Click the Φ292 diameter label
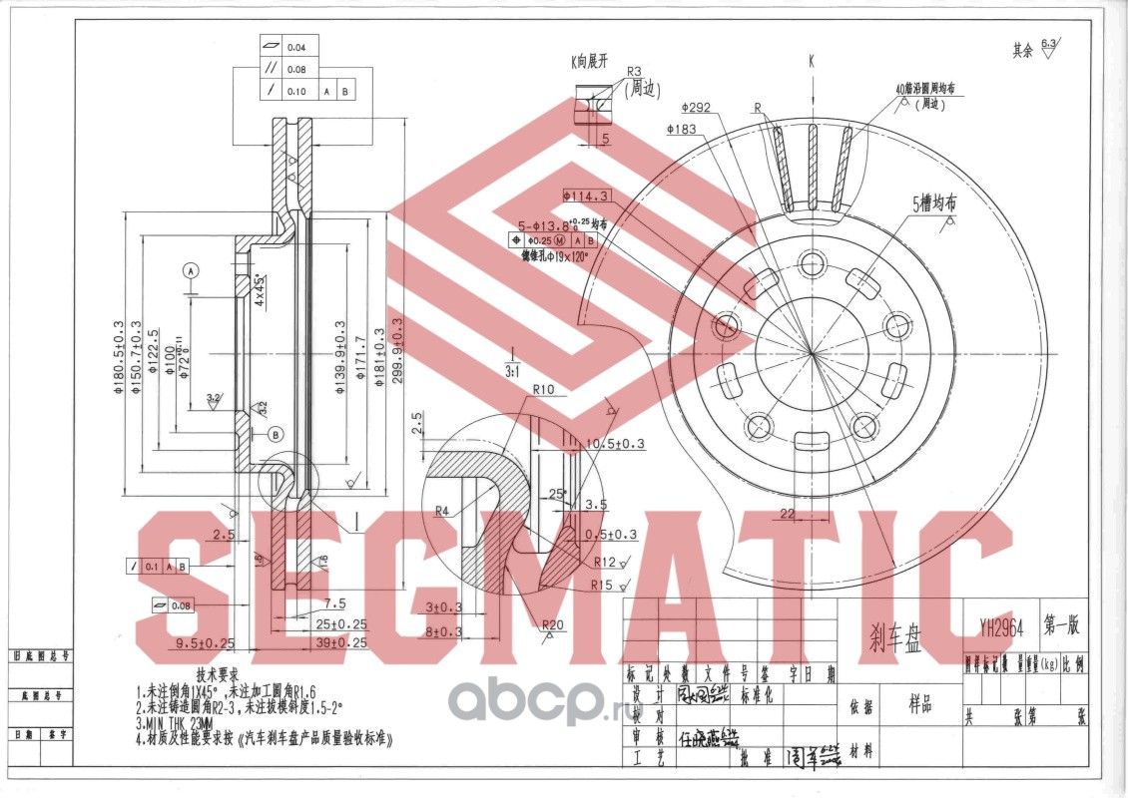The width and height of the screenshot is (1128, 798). [x=697, y=108]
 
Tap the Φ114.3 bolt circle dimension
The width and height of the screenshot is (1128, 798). [x=587, y=196]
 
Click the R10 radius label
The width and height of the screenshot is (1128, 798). [x=543, y=389]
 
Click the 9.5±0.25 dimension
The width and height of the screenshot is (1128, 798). [x=206, y=642]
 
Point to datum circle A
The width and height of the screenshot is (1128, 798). [x=193, y=270]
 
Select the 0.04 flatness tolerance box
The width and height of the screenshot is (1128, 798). [x=296, y=48]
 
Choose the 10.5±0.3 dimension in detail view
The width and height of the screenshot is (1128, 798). [x=616, y=443]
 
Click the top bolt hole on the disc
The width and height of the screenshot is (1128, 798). [x=813, y=262]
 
